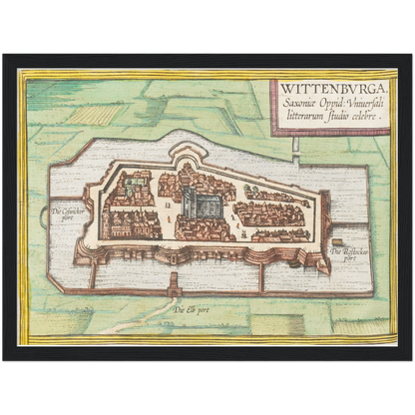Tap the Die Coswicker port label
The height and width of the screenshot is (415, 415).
point(70,213)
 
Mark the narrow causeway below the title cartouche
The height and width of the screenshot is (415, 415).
point(296,148)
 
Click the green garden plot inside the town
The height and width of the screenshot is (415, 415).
point(258,192)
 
